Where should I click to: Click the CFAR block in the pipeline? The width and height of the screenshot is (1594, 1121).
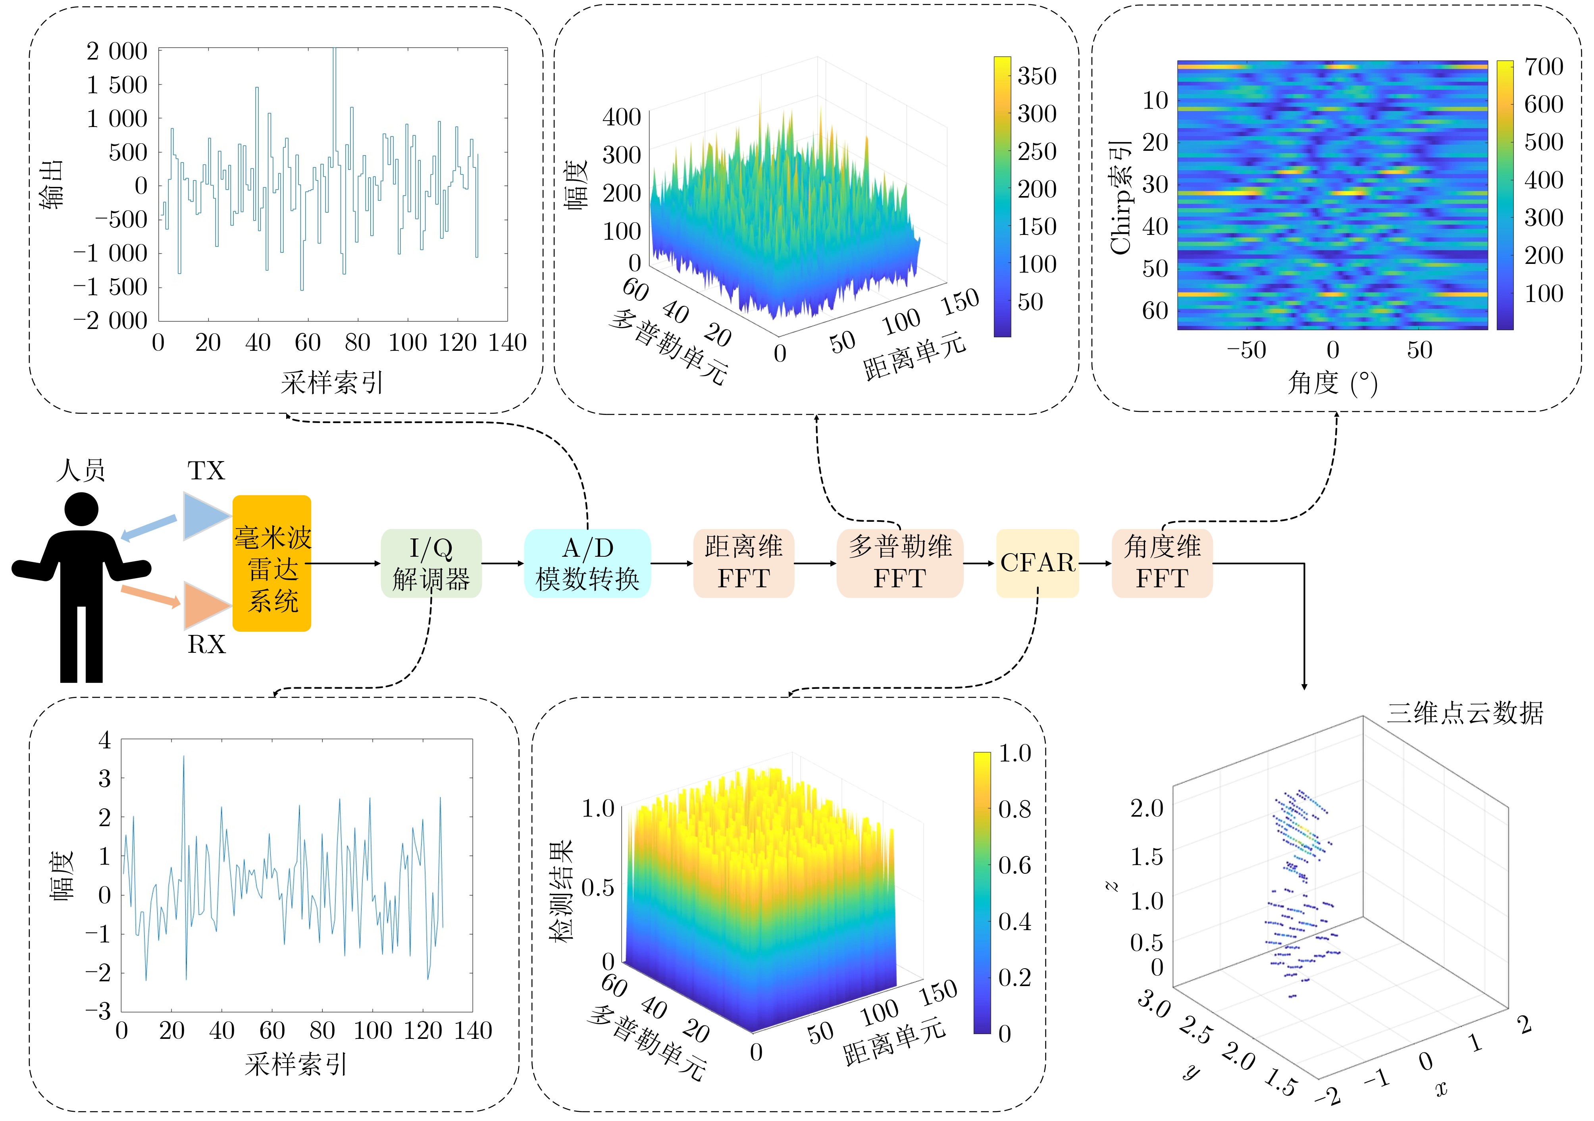click(x=1037, y=563)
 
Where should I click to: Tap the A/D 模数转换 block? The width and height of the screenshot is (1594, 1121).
click(x=587, y=563)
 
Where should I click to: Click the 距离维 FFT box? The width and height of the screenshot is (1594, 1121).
click(x=743, y=563)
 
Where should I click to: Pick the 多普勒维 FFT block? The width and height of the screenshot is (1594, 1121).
click(x=900, y=563)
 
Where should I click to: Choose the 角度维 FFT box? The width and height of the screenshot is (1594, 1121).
click(x=1162, y=563)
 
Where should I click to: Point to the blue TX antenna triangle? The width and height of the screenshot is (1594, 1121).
click(x=203, y=516)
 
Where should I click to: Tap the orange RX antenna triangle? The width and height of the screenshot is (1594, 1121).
click(x=203, y=605)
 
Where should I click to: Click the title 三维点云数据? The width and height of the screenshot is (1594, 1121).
click(x=1465, y=713)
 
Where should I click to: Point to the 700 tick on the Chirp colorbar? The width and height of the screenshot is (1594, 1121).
click(x=1543, y=67)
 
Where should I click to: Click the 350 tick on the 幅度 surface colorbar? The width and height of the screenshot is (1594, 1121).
click(x=1036, y=76)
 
